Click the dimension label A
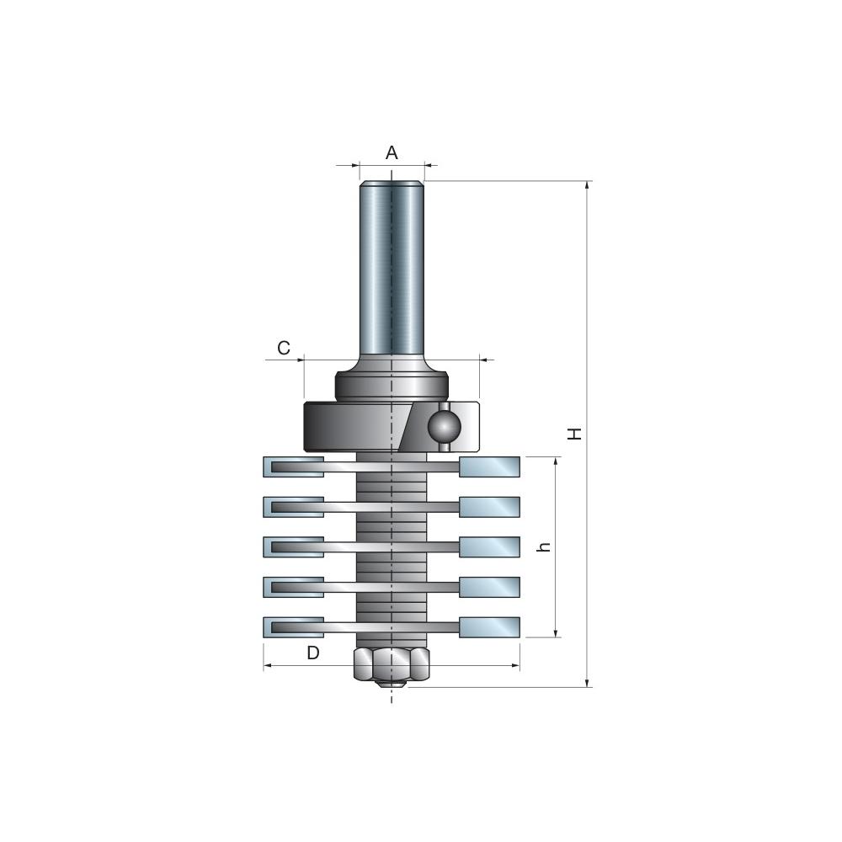(392, 153)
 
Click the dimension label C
(284, 349)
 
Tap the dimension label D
(313, 653)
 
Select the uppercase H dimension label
(575, 434)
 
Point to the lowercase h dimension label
(545, 547)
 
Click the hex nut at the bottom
(392, 665)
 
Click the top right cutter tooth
(489, 466)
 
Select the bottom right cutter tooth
(489, 627)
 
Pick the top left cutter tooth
(293, 466)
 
